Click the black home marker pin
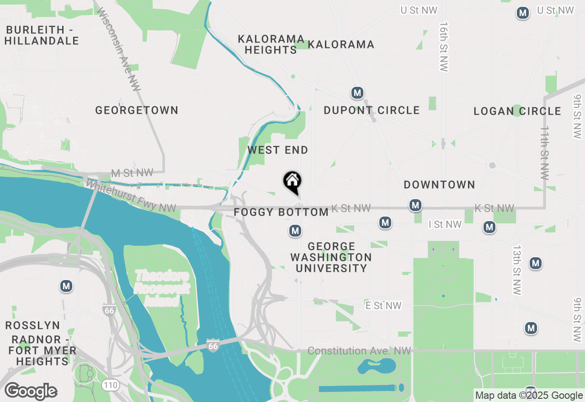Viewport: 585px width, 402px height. (292, 181)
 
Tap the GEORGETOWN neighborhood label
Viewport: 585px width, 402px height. (137, 110)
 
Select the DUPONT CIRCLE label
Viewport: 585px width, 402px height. (372, 110)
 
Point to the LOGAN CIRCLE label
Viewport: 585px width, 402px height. (517, 111)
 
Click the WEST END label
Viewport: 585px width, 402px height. (278, 150)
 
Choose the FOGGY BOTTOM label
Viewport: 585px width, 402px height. (281, 212)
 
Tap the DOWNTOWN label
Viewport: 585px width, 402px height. (439, 185)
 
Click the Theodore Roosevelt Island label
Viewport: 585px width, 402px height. (162, 288)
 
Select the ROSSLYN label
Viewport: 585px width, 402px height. (32, 325)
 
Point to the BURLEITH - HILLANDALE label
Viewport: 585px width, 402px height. (42, 35)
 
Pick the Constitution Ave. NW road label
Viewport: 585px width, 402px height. (359, 351)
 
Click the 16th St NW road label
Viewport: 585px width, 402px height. (443, 46)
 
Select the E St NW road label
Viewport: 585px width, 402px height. (383, 306)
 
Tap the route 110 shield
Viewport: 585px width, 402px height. (110, 385)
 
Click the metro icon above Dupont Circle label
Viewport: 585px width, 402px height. (357, 93)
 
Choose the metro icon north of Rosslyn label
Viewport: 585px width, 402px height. (66, 286)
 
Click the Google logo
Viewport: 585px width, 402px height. (31, 391)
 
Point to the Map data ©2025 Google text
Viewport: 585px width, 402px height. (529, 396)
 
